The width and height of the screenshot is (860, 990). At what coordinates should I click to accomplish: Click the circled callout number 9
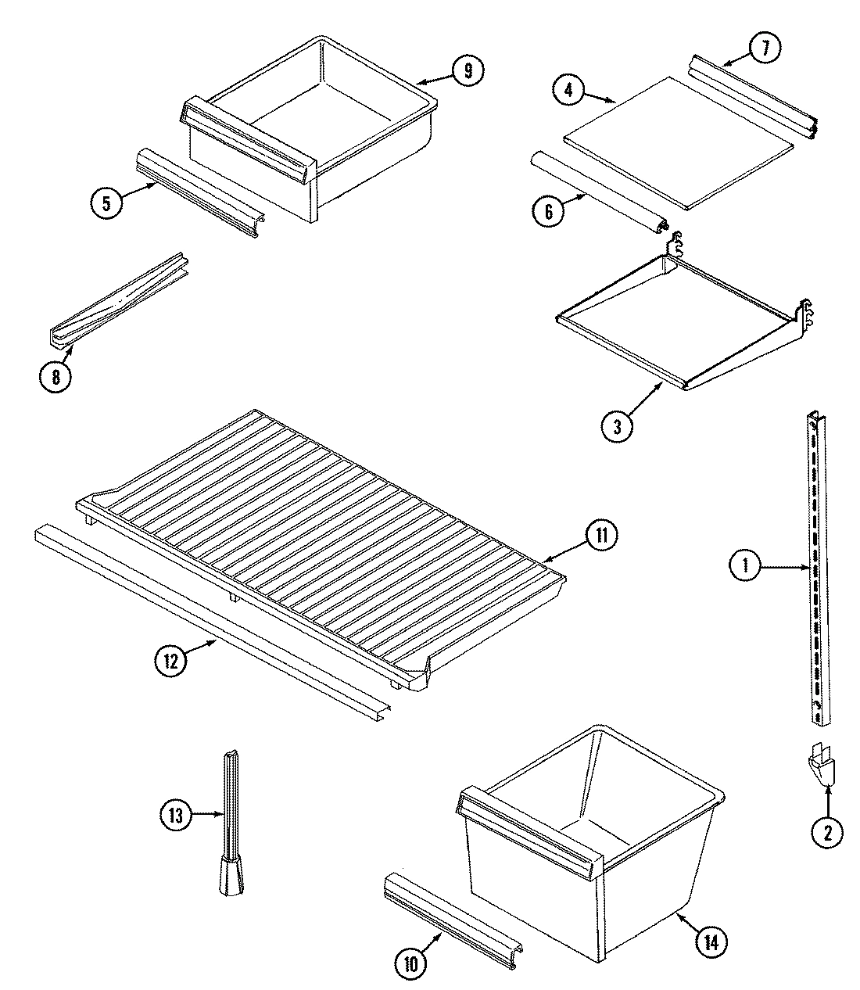(x=467, y=71)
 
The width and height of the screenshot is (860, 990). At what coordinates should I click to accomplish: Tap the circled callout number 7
(x=765, y=48)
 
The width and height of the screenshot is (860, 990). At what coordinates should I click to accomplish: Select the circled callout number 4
(x=568, y=90)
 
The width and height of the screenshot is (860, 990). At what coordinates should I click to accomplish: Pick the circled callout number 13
(x=176, y=816)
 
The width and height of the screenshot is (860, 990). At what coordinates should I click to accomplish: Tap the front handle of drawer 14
(x=532, y=829)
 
